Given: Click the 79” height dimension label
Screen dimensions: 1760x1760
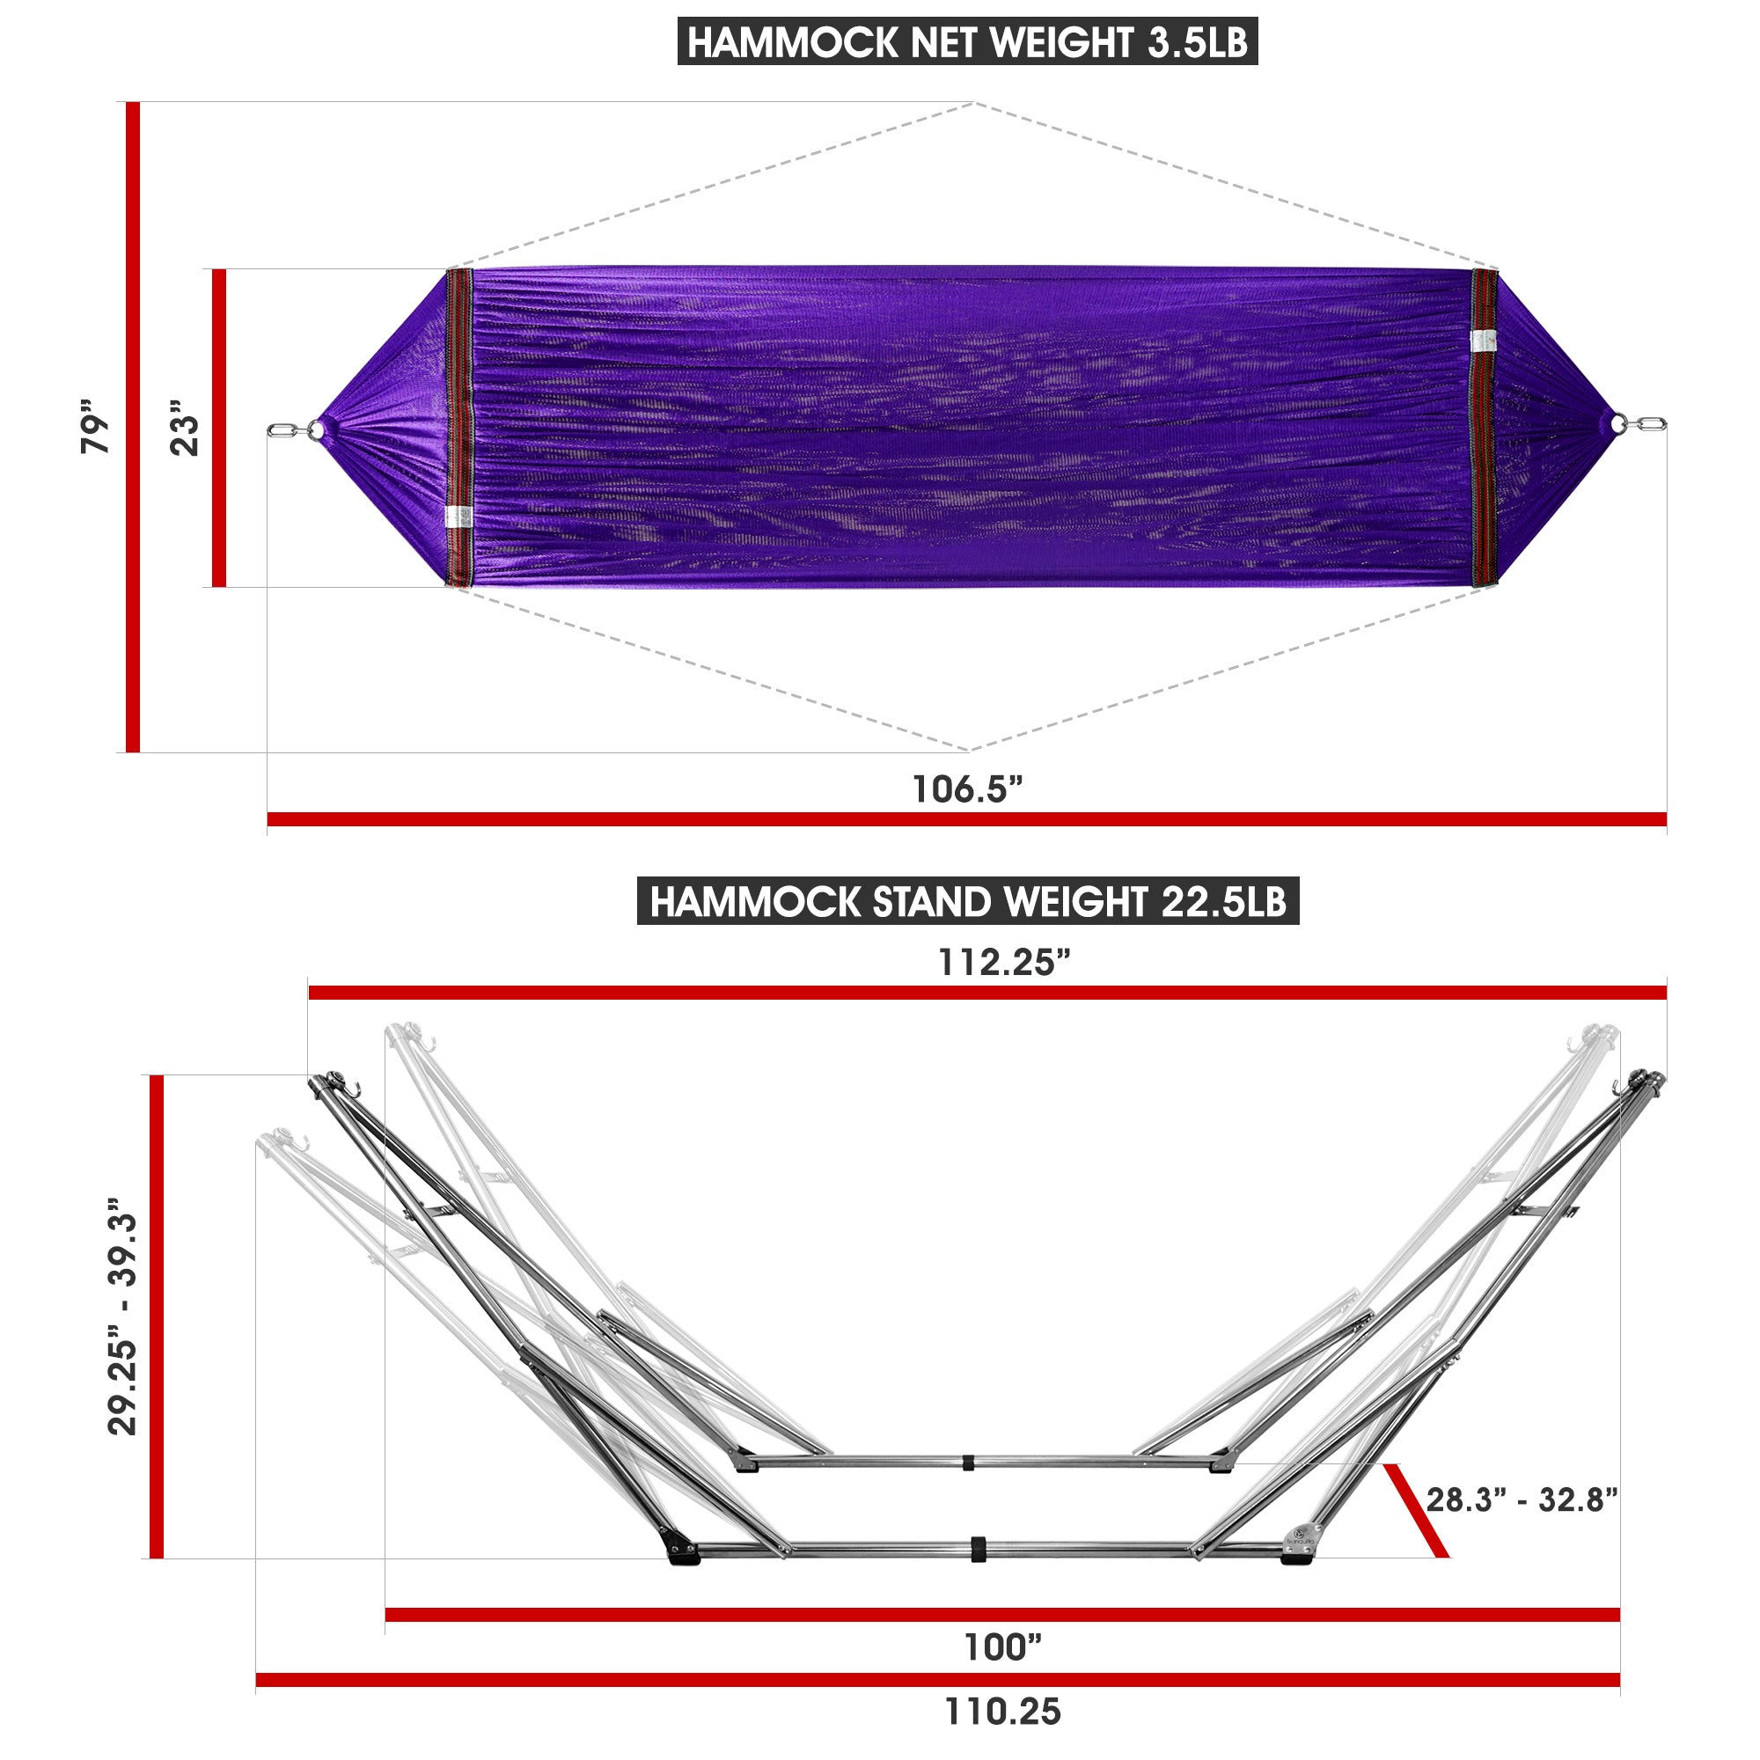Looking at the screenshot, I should click(95, 426).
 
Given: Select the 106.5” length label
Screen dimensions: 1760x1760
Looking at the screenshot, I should click(967, 788).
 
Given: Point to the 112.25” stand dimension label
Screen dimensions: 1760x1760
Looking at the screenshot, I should click(1004, 962).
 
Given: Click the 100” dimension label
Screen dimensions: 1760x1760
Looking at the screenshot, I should click(1002, 1647).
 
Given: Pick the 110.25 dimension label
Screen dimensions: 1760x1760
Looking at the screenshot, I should click(1002, 1712).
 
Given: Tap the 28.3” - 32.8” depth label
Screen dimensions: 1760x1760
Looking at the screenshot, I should click(1522, 1500).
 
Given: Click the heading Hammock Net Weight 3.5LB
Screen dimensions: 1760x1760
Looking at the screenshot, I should click(967, 42).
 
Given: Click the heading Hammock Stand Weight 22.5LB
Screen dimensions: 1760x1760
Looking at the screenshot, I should click(967, 902).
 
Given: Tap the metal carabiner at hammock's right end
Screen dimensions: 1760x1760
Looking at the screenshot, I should click(1649, 423).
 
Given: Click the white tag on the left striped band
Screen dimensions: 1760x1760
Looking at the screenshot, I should click(458, 517).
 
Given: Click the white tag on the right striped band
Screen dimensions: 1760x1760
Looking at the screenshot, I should click(1484, 341).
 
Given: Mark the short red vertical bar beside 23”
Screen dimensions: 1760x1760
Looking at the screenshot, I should click(218, 429).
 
